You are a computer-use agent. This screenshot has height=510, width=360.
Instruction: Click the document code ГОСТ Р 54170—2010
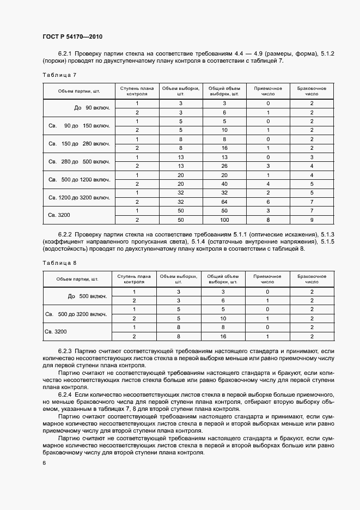click(72, 37)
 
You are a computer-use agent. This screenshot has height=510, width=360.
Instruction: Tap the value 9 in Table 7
click(312, 220)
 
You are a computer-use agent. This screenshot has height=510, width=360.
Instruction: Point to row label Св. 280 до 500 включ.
click(79, 162)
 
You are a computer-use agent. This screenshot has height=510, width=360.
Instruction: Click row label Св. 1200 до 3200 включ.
click(79, 197)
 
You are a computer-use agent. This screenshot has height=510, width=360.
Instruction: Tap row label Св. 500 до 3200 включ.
click(76, 314)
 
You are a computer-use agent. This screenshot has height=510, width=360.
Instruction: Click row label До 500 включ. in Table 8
click(87, 296)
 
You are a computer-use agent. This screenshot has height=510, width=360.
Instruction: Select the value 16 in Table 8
click(223, 336)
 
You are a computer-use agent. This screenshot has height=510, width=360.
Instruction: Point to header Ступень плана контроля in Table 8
click(133, 280)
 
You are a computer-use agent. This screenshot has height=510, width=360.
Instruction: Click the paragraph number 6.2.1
click(65, 53)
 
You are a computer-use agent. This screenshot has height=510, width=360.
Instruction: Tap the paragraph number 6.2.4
click(65, 393)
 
